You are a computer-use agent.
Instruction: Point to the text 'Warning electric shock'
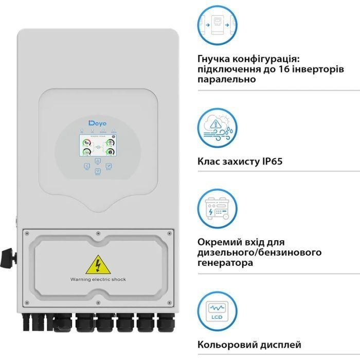pos(98,279)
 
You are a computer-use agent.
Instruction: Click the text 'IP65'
pos(271,161)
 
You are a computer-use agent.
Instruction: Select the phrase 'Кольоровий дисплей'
pos(249,345)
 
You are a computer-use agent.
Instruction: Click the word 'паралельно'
pos(226,80)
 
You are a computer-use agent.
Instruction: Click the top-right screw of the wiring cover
pos(170,233)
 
